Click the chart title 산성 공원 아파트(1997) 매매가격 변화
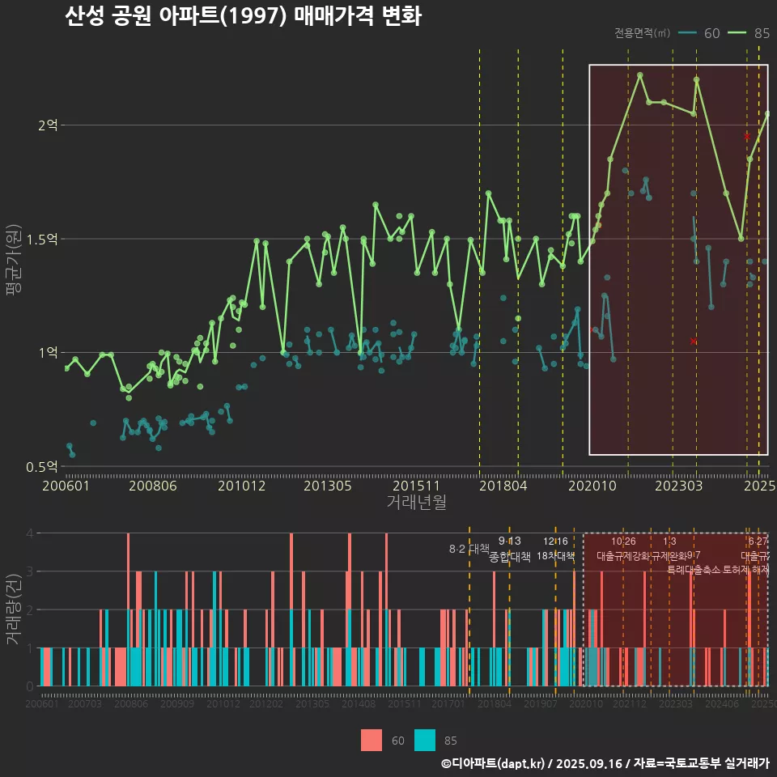243,17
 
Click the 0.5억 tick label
42,466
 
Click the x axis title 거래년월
416,503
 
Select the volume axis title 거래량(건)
14,609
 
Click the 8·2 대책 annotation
469,549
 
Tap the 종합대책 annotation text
510,557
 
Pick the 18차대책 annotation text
555,556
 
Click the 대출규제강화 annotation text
622,556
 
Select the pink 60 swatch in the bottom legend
372,740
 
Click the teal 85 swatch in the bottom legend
425,740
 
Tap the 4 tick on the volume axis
29,533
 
